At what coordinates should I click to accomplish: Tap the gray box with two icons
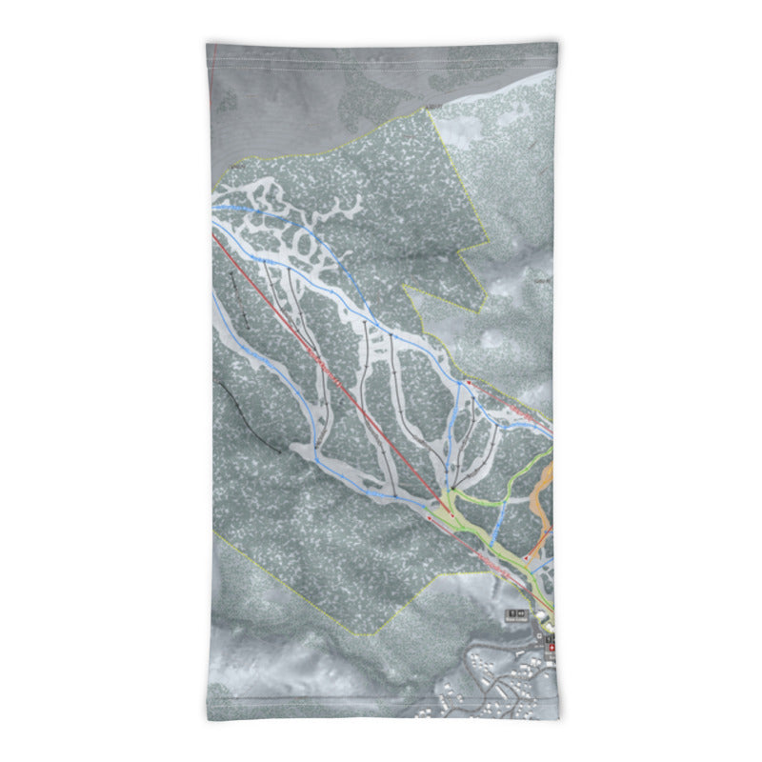pos(518,613)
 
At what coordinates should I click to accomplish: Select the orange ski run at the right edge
pos(544,495)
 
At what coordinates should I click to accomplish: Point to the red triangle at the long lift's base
pos(451,515)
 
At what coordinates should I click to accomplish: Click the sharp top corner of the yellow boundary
pos(430,110)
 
